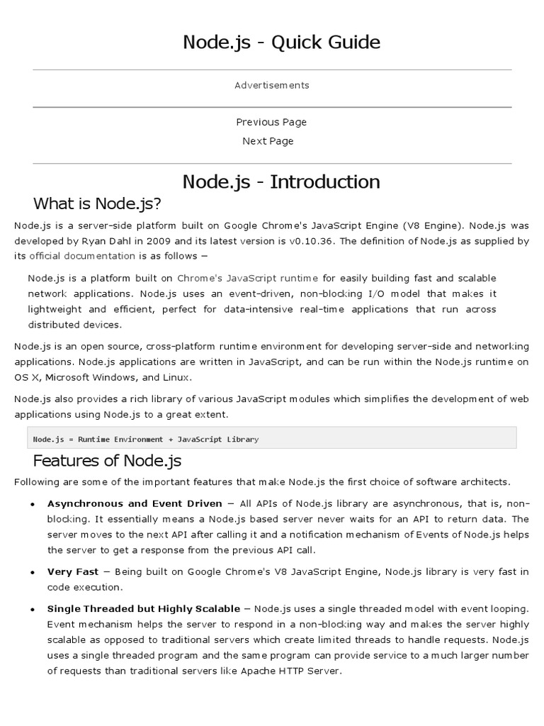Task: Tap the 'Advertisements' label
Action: tap(272, 85)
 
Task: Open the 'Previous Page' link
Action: tap(271, 122)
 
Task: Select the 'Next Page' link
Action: tap(268, 141)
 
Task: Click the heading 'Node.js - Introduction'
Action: tap(281, 181)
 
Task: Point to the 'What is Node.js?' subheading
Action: tap(98, 204)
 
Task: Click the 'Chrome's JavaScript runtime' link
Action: tap(247, 278)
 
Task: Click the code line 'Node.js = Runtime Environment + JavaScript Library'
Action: tap(146, 439)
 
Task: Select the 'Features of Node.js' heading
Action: tap(108, 461)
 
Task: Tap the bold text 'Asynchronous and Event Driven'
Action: tap(135, 504)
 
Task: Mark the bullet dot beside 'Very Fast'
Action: tap(33, 573)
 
